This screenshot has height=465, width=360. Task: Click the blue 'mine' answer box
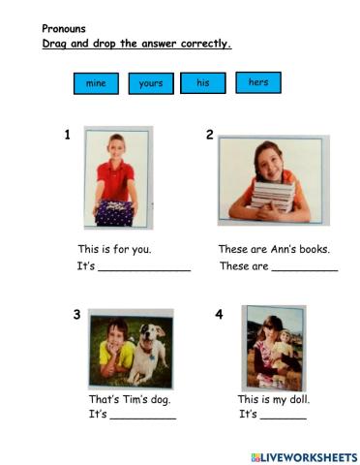pyautogui.click(x=96, y=84)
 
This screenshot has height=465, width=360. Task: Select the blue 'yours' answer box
pyautogui.click(x=150, y=84)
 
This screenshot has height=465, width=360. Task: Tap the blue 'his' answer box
pyautogui.click(x=203, y=83)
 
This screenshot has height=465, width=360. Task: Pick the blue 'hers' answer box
pyautogui.click(x=257, y=82)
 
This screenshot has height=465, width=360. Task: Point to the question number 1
pyautogui.click(x=67, y=136)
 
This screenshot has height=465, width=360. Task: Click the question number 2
pyautogui.click(x=209, y=136)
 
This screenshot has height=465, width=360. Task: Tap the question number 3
pyautogui.click(x=76, y=315)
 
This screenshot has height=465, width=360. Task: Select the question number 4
pyautogui.click(x=219, y=315)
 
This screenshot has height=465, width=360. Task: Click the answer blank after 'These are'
pyautogui.click(x=305, y=268)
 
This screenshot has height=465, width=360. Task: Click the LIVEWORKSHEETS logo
pyautogui.click(x=303, y=455)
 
